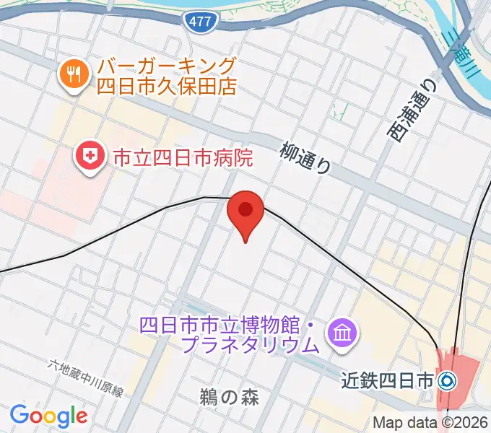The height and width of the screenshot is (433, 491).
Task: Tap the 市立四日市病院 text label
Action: pyautogui.click(x=182, y=157)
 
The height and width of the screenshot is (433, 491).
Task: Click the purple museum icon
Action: pyautogui.click(x=339, y=333)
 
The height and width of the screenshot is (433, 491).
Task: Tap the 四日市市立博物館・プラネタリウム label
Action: pyautogui.click(x=230, y=333)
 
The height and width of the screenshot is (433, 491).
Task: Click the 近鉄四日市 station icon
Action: pyautogui.click(x=447, y=379)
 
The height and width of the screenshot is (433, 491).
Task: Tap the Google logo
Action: pyautogui.click(x=48, y=415)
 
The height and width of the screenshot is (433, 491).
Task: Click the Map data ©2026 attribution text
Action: pyautogui.click(x=430, y=422)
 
